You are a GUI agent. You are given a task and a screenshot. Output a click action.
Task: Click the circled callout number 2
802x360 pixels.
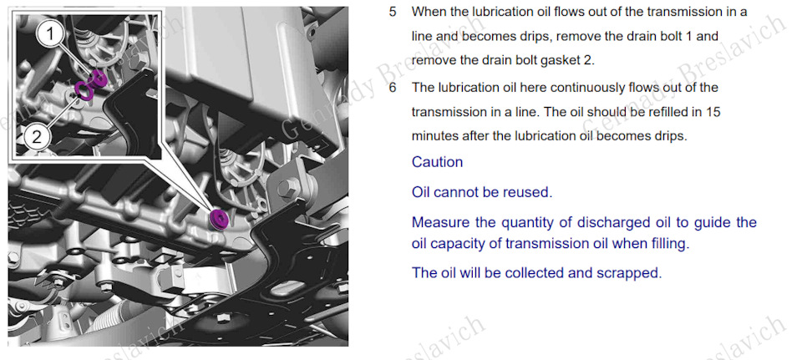[x=37, y=136]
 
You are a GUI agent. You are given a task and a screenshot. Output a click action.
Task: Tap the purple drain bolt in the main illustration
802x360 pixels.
[x=220, y=219]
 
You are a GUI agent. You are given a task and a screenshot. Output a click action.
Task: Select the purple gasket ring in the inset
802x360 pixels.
[x=83, y=90]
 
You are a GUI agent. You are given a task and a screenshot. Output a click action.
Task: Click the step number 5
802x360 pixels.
[x=393, y=12]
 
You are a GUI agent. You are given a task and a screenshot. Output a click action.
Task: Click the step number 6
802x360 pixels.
[x=393, y=88]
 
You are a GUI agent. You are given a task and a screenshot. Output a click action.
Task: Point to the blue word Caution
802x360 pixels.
[x=437, y=162]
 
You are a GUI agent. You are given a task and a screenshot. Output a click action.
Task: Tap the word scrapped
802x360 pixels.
[x=629, y=273]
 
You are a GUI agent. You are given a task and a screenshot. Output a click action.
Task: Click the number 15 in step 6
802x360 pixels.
[x=713, y=112]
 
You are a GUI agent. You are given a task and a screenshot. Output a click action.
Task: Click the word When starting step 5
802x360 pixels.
[x=429, y=12]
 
